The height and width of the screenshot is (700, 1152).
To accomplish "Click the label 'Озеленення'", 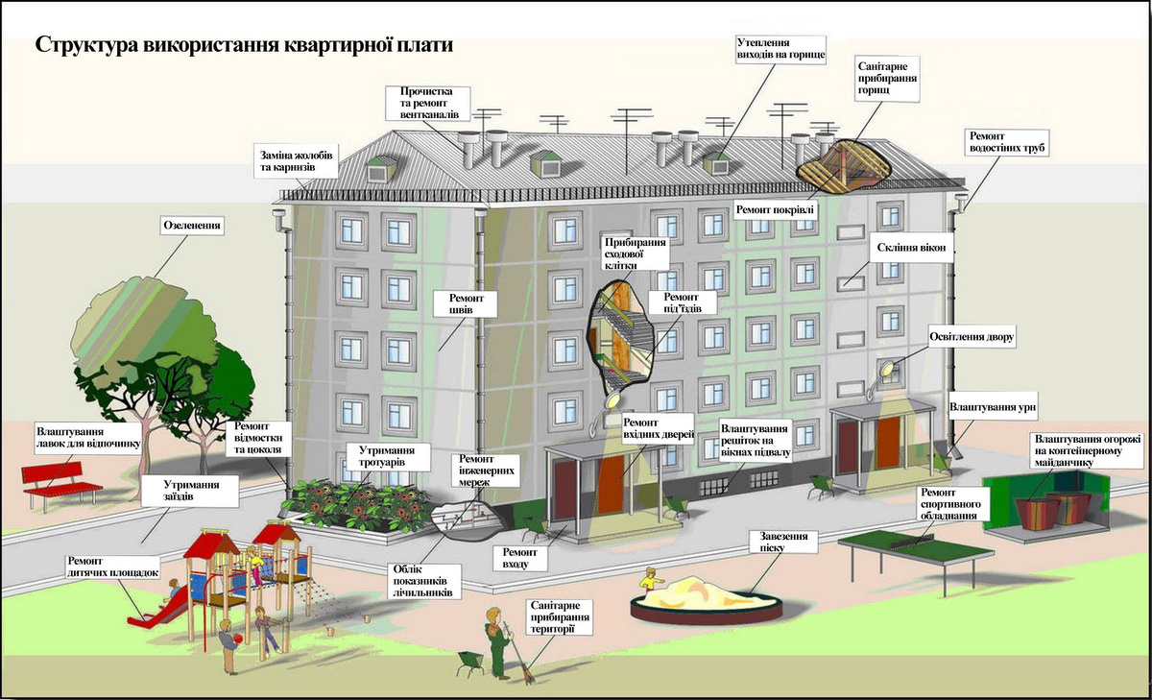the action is click(x=192, y=226).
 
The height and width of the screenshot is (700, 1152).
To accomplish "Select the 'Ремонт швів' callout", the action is click(x=466, y=304).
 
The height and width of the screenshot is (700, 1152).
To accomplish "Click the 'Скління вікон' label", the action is click(x=911, y=248).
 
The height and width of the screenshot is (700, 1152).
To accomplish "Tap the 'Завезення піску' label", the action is click(x=783, y=542).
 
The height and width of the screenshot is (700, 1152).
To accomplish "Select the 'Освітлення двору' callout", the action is click(x=972, y=337).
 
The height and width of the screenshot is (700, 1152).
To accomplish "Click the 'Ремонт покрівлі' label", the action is click(x=775, y=210).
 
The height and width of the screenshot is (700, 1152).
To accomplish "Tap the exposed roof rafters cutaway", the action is click(x=843, y=168).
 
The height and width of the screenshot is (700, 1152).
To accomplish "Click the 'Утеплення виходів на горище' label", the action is click(x=780, y=49).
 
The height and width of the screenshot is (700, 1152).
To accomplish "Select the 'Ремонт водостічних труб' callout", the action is click(x=1007, y=142).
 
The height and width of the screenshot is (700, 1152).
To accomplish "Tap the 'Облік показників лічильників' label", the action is click(x=423, y=581).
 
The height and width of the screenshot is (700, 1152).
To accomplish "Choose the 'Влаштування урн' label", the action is click(x=992, y=407).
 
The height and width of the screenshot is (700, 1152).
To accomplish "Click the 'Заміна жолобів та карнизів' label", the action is click(x=296, y=161).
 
